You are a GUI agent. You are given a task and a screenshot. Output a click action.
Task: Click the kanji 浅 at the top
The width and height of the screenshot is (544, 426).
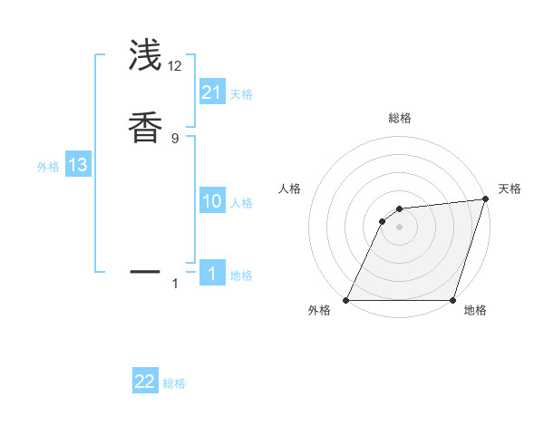click(145, 55)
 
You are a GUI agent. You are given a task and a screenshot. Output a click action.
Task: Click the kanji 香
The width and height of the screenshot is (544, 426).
click(145, 126)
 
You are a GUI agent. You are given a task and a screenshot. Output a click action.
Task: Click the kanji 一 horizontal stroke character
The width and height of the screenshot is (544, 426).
click(145, 271)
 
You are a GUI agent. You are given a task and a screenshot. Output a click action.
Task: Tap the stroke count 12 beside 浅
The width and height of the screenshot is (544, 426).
click(175, 65)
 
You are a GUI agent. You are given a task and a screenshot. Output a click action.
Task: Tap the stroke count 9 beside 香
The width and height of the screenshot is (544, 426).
click(175, 138)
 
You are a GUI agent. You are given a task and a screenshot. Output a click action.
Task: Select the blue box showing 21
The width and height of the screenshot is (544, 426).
click(212, 92)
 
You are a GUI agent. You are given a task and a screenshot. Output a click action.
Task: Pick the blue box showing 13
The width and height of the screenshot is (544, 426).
click(78, 165)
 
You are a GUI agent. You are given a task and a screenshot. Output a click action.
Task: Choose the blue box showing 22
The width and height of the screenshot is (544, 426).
click(145, 382)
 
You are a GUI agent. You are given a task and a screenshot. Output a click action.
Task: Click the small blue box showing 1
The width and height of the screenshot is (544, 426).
click(212, 274)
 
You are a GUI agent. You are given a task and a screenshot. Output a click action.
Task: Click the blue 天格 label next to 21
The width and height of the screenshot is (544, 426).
click(241, 94)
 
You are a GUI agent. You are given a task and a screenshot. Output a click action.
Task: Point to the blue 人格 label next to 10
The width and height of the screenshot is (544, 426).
click(241, 203)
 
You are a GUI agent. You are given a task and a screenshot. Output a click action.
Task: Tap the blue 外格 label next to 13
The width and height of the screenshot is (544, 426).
click(48, 167)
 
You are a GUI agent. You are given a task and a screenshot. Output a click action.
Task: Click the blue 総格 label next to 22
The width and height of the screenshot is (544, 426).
click(174, 383)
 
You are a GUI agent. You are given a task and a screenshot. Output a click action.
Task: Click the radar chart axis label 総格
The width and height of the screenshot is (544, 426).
click(399, 118)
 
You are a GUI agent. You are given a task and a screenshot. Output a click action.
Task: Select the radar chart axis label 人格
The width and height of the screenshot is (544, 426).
click(289, 189)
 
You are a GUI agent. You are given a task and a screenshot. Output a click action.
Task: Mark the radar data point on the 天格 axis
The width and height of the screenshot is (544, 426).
click(485, 199)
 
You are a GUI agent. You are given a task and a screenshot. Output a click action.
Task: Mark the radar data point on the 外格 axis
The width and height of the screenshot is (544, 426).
click(346, 300)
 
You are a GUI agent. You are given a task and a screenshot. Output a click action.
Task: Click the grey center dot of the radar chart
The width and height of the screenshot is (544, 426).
click(399, 227)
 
